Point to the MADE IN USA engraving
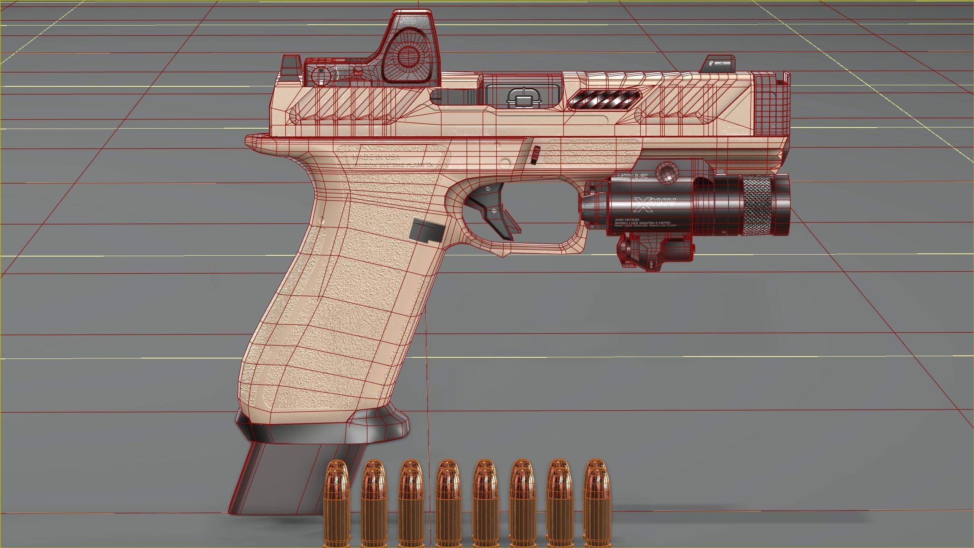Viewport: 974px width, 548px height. coord(376,157)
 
